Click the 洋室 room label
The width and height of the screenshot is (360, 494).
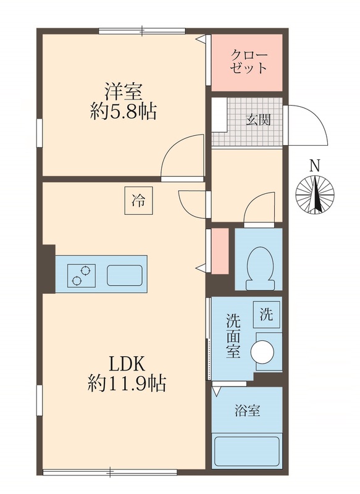pyautogui.click(x=123, y=91)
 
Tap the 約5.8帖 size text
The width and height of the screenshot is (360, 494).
pyautogui.click(x=123, y=111)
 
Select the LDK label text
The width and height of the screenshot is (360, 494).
pyautogui.click(x=127, y=364)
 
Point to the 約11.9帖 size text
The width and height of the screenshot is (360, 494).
pyautogui.click(x=127, y=383)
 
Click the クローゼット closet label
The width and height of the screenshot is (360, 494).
pyautogui.click(x=248, y=62)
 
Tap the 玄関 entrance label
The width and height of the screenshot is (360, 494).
pyautogui.click(x=258, y=120)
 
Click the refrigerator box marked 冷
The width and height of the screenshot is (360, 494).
pyautogui.click(x=138, y=201)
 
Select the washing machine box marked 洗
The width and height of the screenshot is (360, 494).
pyautogui.click(x=267, y=315)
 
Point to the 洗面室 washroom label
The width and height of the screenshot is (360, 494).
pyautogui.click(x=233, y=336)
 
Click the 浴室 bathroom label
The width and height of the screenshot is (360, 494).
pyautogui.click(x=248, y=411)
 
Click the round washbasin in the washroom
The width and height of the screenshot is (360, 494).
pyautogui.click(x=262, y=351)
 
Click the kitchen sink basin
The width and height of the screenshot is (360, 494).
pyautogui.click(x=125, y=275)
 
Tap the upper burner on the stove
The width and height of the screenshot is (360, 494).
pyautogui.click(x=85, y=270)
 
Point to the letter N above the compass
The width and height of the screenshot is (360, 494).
pyautogui.click(x=315, y=165)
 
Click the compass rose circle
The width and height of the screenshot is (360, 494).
pyautogui.click(x=315, y=195)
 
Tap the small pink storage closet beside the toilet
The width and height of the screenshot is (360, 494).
pyautogui.click(x=220, y=251)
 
